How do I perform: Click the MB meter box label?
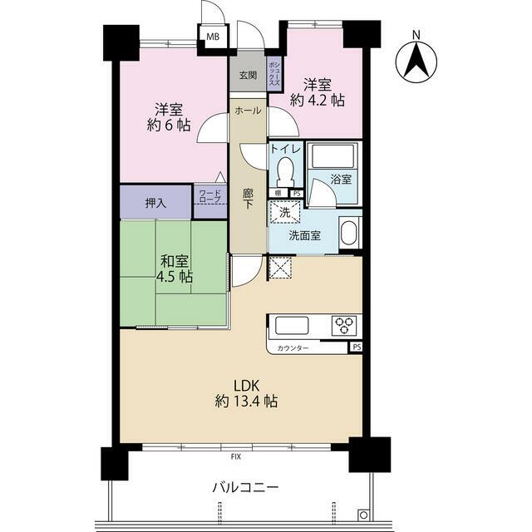point(213,37)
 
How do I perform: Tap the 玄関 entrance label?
point(248,75)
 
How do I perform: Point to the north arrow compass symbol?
point(416,61)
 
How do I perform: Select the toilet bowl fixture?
point(285,170)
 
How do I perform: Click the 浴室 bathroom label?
point(341,180)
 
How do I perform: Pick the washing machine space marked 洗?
point(284,213)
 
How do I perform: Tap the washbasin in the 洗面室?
point(348,233)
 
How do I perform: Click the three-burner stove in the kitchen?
point(345,325)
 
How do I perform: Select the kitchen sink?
point(292,325)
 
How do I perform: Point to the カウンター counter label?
point(293,348)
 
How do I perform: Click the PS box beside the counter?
point(357,347)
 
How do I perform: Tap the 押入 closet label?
point(155,203)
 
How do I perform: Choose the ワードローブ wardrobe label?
point(210,196)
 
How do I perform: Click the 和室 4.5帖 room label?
point(175,269)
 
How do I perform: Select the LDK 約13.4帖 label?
point(246,393)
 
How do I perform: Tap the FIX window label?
point(236,456)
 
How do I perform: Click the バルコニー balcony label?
point(246,488)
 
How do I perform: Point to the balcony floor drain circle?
point(363,515)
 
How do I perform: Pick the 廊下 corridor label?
point(248,199)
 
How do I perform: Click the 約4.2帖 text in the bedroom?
point(318,100)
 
